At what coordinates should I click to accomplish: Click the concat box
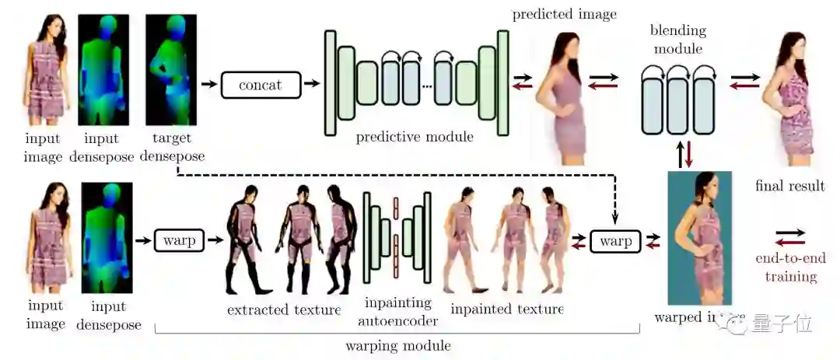point(261,84)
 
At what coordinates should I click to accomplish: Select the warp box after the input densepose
point(180,241)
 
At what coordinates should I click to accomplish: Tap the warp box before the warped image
point(615,241)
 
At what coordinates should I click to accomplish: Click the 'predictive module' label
point(415,138)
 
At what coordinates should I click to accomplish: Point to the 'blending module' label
point(678,40)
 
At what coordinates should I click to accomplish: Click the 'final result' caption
point(789,186)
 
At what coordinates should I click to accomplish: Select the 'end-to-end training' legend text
point(791,267)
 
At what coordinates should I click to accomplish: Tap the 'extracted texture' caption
point(284,310)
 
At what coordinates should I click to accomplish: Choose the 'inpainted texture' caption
point(507,309)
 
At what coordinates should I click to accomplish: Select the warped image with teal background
point(699,237)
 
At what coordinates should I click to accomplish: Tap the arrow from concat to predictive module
point(311,84)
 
